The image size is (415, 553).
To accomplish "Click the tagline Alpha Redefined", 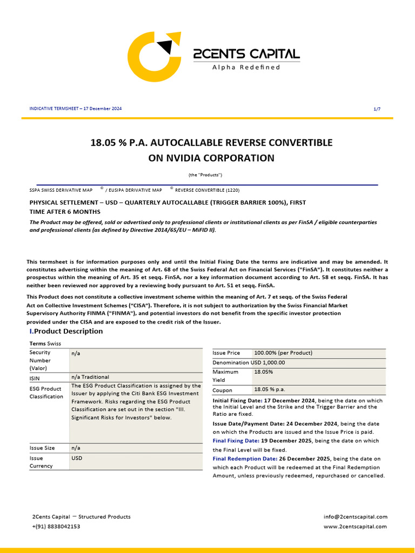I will [246, 68].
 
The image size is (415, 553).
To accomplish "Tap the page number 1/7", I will [377, 109].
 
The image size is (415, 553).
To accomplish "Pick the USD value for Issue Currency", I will [76, 457].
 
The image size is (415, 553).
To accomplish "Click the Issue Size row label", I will [42, 448].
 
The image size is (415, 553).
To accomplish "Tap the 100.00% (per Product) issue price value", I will [283, 353].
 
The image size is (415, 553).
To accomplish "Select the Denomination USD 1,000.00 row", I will [249, 362].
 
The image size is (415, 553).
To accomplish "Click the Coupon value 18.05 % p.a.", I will [270, 390].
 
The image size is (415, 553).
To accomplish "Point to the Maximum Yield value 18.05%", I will [264, 372].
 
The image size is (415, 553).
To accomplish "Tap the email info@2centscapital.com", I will [356, 517].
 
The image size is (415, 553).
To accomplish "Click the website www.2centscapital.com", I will [356, 527].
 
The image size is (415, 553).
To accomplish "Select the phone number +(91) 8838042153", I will [56, 527].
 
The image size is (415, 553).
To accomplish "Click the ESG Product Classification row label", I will [46, 393].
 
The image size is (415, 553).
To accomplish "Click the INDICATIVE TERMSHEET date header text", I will [76, 109].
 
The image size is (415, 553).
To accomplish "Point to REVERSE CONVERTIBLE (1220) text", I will [207, 190].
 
